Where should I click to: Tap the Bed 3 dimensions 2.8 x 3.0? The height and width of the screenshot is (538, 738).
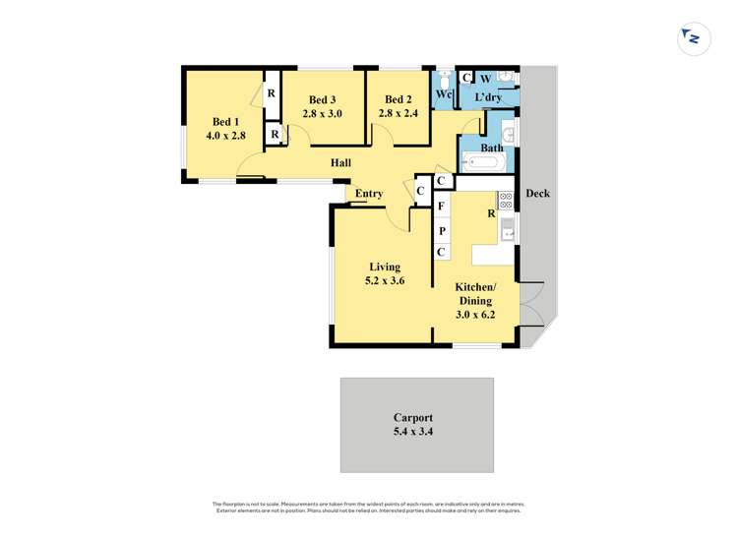click(x=322, y=114)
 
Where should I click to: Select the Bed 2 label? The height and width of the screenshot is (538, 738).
click(x=398, y=99)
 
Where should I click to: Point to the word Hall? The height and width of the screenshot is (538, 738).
click(x=340, y=163)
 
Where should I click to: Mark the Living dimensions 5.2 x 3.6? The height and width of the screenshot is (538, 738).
click(x=385, y=281)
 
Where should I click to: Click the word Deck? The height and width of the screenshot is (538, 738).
click(x=537, y=194)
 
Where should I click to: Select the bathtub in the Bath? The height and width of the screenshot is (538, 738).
click(x=482, y=161)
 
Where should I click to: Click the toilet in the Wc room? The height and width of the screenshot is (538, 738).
click(x=444, y=80)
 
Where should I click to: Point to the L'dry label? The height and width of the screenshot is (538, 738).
click(x=488, y=98)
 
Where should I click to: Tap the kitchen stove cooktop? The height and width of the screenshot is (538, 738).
click(x=506, y=201)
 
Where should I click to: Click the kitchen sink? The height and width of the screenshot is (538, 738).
click(x=507, y=231)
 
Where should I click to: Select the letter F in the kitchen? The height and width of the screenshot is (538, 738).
click(x=442, y=208)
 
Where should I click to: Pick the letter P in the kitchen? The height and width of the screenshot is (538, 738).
click(x=442, y=231)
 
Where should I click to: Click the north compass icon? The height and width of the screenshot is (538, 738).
click(x=693, y=38)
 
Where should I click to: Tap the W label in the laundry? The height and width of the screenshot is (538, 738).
click(x=485, y=79)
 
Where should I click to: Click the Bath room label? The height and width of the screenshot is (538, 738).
click(x=492, y=148)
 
